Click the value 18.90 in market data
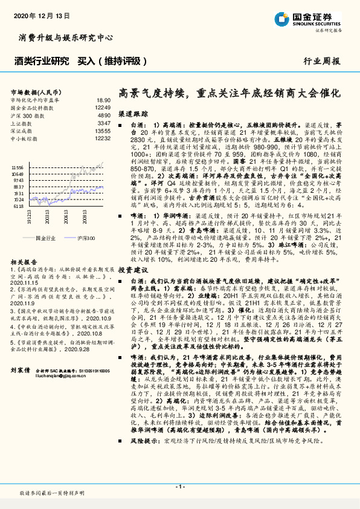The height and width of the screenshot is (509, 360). [103, 100]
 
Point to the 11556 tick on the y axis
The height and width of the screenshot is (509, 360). [18, 167]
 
